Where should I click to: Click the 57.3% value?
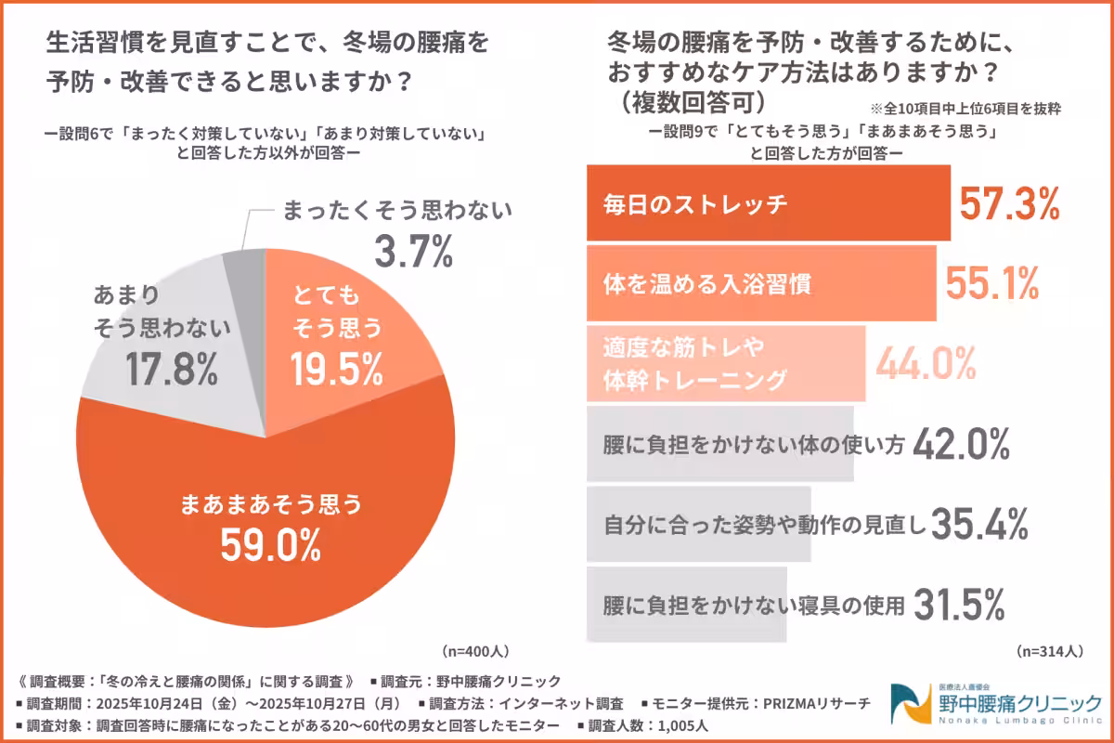(1009, 203)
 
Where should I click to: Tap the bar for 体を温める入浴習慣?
(761, 283)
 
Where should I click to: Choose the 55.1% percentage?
(991, 283)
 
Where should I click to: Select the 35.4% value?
(978, 525)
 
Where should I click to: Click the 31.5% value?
(960, 605)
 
